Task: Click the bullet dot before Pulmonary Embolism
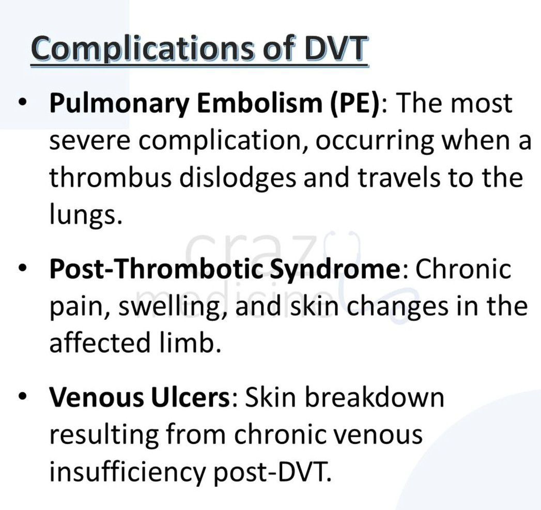pos(23,102)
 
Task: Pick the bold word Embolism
pos(259,102)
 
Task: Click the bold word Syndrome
pos(335,269)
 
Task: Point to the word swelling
pos(169,307)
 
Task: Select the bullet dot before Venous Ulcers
pos(23,396)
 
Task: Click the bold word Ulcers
pos(190,397)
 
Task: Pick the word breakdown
pos(374,397)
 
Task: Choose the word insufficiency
pos(127,471)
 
